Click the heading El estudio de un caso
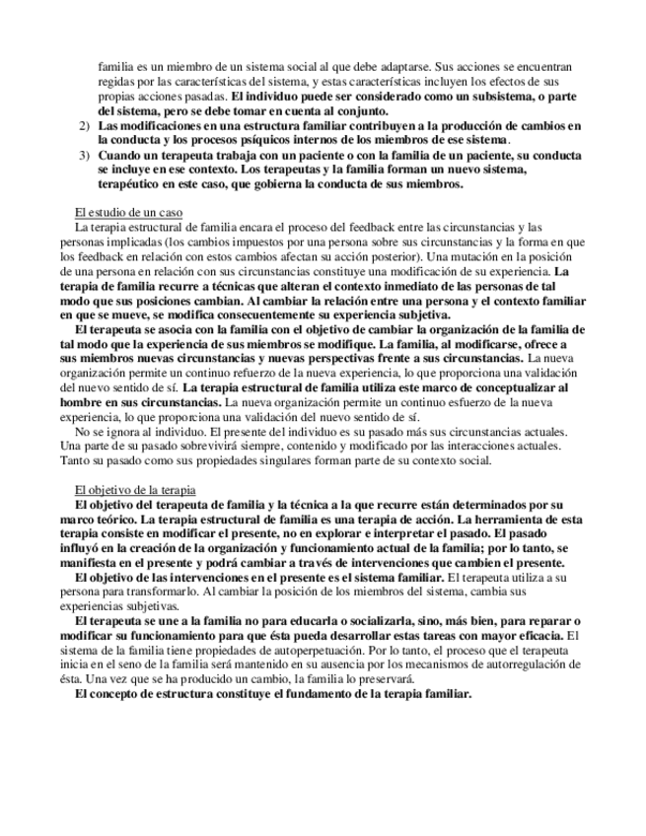[x=128, y=213]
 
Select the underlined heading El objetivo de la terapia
[x=136, y=490]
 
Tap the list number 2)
[x=84, y=127]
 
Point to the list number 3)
[x=84, y=156]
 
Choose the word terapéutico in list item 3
[x=134, y=184]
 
